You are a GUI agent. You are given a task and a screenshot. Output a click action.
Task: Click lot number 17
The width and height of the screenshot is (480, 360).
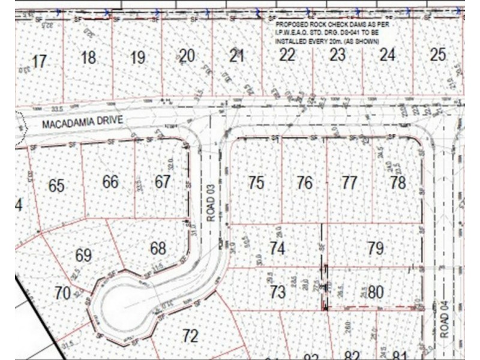point(40,61)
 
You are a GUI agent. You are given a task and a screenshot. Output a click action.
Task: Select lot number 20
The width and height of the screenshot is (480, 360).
point(187,56)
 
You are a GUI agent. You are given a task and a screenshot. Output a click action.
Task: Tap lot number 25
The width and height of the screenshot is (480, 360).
point(438,55)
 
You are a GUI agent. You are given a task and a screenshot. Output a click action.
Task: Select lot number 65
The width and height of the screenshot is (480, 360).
point(56,185)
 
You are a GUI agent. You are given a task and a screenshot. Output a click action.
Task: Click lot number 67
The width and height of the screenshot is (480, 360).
point(163,182)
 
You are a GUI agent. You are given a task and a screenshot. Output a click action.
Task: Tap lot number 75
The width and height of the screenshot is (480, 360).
point(256,183)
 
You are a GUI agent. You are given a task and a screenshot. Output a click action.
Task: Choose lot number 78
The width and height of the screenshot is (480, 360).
point(398,183)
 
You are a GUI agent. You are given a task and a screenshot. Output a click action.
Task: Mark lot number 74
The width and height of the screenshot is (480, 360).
point(277,248)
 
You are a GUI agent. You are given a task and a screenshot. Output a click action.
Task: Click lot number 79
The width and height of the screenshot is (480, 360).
point(376,248)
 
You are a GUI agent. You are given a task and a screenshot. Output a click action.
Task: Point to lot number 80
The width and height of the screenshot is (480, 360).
point(376,293)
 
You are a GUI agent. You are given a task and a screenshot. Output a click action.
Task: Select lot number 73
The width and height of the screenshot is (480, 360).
point(277,293)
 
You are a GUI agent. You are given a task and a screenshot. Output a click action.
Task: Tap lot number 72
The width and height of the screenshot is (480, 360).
point(190,336)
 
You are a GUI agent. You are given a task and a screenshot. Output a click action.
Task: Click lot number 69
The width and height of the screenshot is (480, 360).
point(83,256)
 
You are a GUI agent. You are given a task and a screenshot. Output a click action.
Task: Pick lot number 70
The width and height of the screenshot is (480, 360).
point(62,293)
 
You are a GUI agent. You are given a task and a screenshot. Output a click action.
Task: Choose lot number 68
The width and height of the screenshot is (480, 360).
point(158,248)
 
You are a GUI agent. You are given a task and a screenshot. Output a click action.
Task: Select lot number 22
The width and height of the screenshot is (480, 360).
point(287,55)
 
